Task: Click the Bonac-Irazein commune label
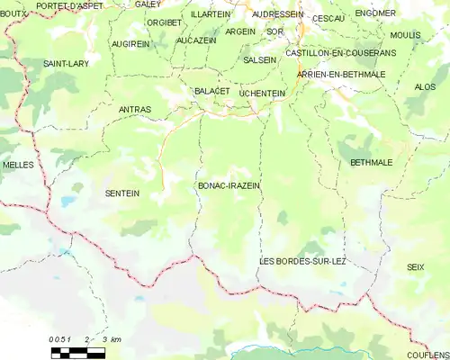[x=228, y=185]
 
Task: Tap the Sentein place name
[x=122, y=193]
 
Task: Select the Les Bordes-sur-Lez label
[x=302, y=261]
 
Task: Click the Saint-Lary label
[x=66, y=64]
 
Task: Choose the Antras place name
[x=134, y=110]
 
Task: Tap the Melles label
[x=18, y=166]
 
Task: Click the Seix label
[x=415, y=267]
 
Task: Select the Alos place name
[x=424, y=86]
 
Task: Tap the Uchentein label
[x=263, y=93]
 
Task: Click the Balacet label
[x=212, y=91]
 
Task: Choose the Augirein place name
[x=131, y=43]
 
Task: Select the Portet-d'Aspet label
[x=70, y=5]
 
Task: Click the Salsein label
[x=260, y=59]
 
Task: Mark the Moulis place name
[x=405, y=35]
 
